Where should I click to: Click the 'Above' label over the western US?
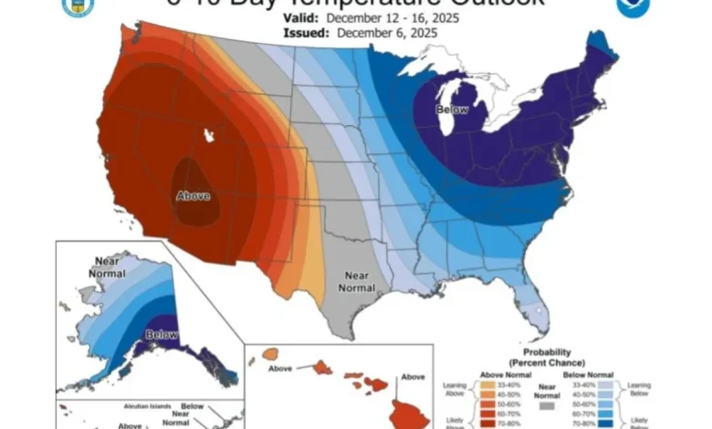[192, 195]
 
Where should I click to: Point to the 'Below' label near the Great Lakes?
[452, 110]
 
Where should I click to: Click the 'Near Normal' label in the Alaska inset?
[106, 267]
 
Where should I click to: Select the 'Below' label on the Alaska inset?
[161, 334]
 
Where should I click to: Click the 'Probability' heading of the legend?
[546, 351]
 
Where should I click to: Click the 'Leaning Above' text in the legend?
[450, 390]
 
